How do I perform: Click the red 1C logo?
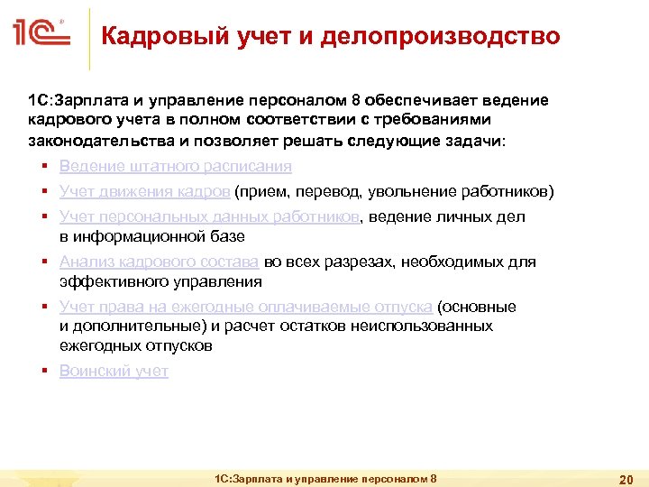tap(41, 35)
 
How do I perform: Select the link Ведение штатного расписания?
tap(175, 166)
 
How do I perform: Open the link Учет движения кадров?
tap(144, 191)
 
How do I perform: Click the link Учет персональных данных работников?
tap(209, 216)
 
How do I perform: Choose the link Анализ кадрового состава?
tap(159, 262)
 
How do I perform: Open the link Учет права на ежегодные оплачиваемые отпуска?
tap(245, 307)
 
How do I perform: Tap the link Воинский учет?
tap(114, 371)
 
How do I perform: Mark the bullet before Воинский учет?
tap(43, 372)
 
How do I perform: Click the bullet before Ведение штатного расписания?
tap(43, 167)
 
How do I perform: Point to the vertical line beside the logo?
tap(89, 37)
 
